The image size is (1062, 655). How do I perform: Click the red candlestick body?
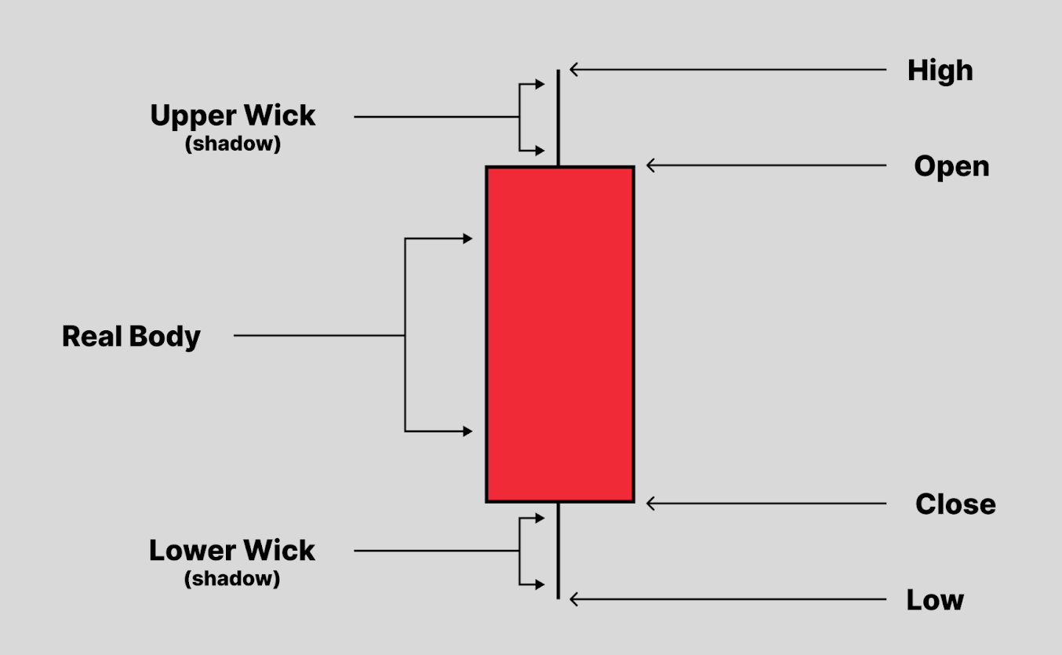559,334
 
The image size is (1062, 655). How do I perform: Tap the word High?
940,71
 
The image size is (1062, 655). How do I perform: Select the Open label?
951,166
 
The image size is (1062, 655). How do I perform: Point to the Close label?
955,504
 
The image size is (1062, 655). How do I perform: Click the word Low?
935,600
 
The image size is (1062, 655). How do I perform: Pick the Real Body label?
131,337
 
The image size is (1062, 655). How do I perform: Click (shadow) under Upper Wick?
232,144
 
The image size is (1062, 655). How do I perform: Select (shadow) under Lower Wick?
232,579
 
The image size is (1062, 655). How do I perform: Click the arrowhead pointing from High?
573,70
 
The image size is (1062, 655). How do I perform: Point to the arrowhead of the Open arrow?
650,166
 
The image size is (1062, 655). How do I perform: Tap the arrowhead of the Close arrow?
650,504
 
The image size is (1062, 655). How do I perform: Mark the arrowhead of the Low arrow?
573,599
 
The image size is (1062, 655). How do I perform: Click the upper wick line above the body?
558,118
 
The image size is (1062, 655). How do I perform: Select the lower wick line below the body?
558,549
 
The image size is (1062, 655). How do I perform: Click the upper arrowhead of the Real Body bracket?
468,238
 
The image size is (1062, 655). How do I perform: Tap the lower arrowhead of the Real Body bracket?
468,431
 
